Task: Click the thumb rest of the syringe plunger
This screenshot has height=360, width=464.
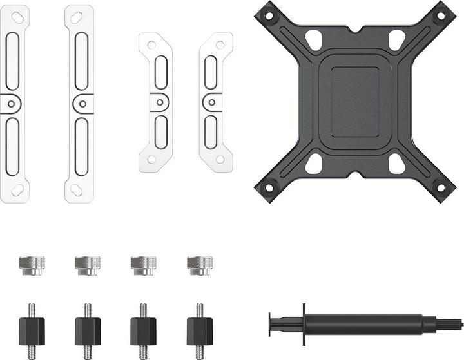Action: point(271,325)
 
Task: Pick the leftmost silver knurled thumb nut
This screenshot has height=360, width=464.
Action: point(31,265)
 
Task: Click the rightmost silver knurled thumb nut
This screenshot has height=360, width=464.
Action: point(199,265)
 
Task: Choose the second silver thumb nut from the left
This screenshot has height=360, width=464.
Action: point(87,265)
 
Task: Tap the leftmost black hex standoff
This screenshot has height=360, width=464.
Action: point(32,329)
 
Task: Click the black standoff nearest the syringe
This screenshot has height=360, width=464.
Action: point(199,329)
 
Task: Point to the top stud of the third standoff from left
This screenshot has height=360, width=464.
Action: point(143,310)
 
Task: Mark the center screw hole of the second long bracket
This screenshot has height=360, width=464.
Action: point(80,103)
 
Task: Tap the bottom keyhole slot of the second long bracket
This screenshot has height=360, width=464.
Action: point(77,189)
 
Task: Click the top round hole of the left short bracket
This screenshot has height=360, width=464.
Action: point(151,44)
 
